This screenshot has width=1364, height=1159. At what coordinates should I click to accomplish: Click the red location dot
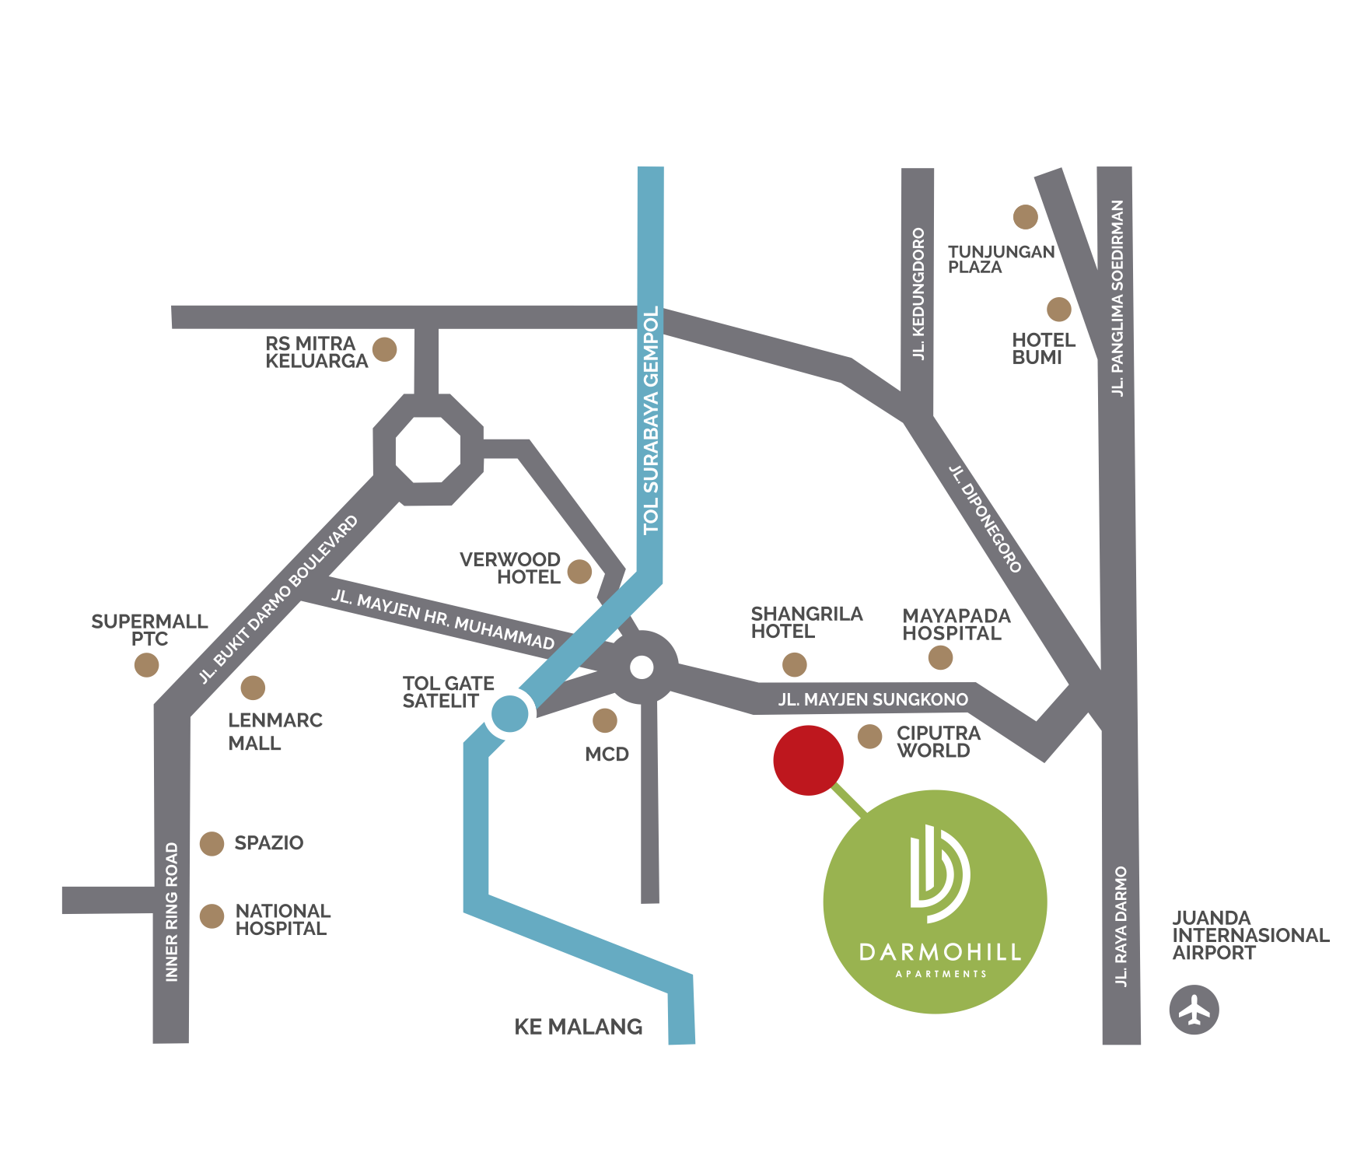(808, 760)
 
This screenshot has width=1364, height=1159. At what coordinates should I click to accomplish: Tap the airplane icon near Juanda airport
(1194, 1010)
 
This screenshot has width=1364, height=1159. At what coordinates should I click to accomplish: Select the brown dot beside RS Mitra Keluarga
(384, 349)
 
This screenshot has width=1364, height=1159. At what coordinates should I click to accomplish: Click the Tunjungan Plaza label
(1000, 259)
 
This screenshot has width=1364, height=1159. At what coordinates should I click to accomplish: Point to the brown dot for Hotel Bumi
(1058, 309)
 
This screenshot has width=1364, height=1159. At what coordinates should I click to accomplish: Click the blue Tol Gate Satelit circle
(509, 714)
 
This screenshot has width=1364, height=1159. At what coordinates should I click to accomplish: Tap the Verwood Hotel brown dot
(579, 572)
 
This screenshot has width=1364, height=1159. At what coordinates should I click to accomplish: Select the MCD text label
(607, 755)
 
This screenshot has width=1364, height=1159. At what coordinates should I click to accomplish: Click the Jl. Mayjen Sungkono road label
(873, 699)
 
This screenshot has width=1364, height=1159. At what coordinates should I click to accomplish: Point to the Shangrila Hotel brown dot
(794, 664)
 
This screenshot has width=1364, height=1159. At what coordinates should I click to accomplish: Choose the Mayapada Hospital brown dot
(940, 657)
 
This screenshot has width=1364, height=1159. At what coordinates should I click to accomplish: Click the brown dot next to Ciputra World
(869, 736)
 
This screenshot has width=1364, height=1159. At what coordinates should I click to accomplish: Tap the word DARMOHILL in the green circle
(939, 952)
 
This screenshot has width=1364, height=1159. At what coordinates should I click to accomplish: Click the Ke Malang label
(579, 1027)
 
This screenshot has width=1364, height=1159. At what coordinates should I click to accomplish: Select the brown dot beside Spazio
(212, 843)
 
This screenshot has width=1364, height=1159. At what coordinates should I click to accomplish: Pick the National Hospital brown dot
(212, 916)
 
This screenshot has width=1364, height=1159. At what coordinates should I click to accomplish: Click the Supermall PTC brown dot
(146, 665)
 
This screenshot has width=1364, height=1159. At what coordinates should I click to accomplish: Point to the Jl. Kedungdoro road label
(918, 293)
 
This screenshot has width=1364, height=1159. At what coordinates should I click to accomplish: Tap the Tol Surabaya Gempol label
(651, 420)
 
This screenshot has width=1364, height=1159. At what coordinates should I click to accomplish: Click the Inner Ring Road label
(172, 912)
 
